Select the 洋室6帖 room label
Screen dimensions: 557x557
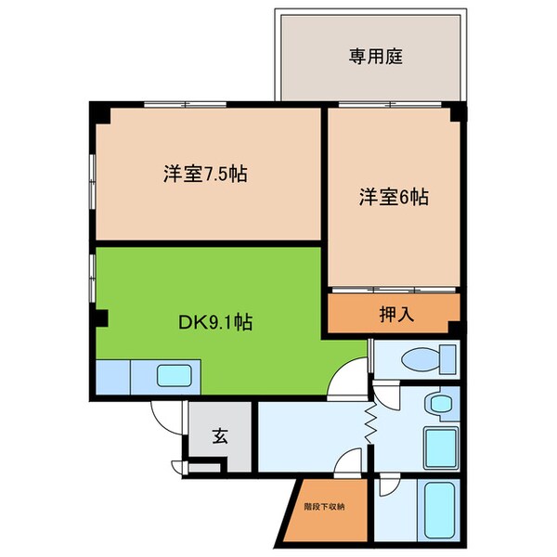(394, 197)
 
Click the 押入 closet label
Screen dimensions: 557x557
(396, 314)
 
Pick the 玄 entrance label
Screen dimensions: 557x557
(221, 434)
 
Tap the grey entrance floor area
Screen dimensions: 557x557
(221, 436)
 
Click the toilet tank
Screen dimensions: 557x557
(448, 357)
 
